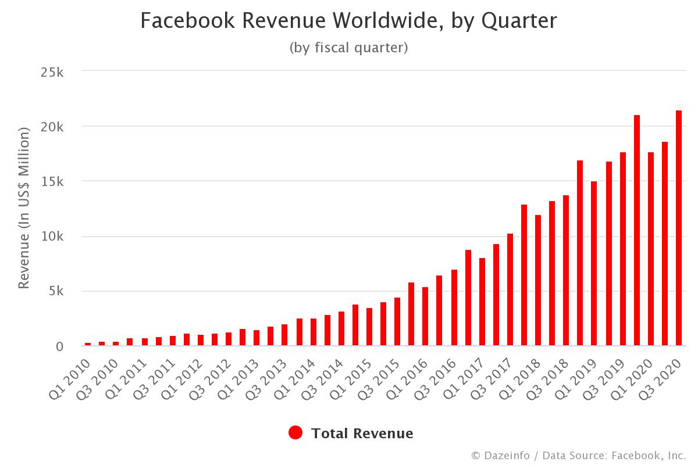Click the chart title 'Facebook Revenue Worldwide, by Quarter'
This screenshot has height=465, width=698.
tap(348, 21)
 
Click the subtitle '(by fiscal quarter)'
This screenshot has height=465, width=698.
tap(348, 48)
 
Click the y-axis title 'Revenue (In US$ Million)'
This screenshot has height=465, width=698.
tap(24, 208)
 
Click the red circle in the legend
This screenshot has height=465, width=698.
tap(295, 433)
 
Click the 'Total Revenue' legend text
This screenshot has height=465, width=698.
tap(362, 433)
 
